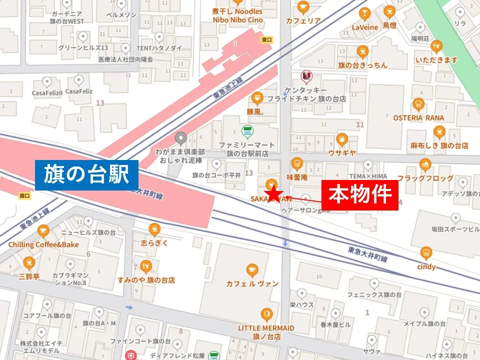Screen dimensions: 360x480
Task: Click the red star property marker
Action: tap(273, 194)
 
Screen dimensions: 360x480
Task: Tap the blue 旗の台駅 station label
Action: tap(87, 175)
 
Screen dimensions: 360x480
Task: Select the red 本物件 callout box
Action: tap(359, 195)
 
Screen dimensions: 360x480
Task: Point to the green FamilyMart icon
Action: tap(246, 132)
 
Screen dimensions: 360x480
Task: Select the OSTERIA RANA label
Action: tap(418, 117)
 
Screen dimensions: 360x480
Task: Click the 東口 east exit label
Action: tap(266, 39)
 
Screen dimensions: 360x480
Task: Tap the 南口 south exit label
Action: tap(23, 195)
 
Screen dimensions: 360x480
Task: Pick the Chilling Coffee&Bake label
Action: tap(43, 244)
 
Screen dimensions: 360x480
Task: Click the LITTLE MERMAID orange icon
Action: tap(266, 314)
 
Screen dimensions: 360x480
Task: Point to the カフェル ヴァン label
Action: tap(252, 283)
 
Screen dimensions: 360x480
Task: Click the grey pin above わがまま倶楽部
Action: tap(181, 137)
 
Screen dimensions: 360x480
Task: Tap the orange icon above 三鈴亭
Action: tap(29, 262)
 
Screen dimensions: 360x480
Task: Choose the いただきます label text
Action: tap(436, 60)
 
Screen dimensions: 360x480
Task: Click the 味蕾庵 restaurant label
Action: tap(296, 176)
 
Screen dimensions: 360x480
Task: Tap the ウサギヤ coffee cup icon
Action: tap(342, 139)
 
